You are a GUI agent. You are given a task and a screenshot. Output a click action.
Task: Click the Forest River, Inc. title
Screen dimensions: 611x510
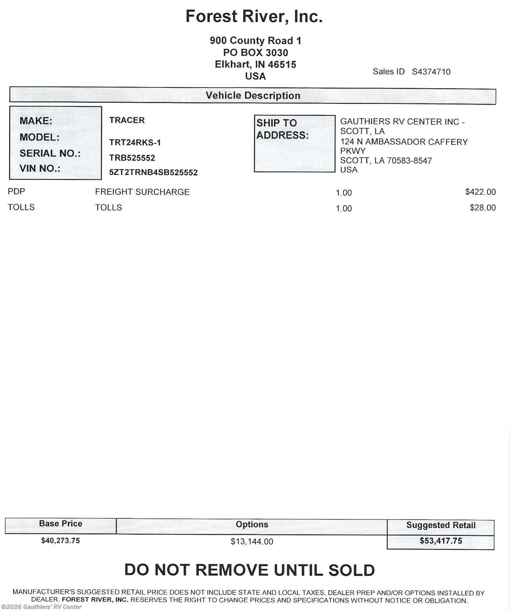tap(254, 17)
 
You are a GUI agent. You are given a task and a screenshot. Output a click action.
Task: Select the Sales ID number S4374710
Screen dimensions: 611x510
tap(431, 72)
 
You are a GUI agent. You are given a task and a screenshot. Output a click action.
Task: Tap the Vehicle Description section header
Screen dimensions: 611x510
tap(253, 96)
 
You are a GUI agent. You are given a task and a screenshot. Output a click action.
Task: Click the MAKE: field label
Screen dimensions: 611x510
tap(36, 121)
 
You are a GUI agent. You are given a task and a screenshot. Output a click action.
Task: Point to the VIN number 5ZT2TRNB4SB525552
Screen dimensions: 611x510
tap(153, 173)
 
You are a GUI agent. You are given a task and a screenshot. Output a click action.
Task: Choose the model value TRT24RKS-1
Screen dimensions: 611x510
tap(135, 142)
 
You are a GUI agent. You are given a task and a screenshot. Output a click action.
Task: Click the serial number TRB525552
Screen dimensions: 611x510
tap(132, 158)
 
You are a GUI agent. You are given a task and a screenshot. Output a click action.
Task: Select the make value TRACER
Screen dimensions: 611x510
tap(127, 120)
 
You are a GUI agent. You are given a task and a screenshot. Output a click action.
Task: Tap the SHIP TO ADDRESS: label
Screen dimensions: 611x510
tap(282, 129)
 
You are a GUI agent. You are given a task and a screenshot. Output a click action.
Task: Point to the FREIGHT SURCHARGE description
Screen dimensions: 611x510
tap(142, 192)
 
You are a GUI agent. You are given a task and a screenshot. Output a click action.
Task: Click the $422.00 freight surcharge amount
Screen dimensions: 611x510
tap(480, 192)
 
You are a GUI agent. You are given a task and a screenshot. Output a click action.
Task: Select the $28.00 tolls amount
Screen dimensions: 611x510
tap(483, 208)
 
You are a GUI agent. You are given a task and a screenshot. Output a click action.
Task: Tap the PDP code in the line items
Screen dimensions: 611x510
tap(16, 191)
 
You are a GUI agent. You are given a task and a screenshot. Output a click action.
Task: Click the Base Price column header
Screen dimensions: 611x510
tap(61, 524)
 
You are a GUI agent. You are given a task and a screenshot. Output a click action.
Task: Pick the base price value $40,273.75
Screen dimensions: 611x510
tap(61, 541)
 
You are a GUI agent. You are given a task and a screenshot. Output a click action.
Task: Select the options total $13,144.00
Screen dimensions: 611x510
tap(252, 542)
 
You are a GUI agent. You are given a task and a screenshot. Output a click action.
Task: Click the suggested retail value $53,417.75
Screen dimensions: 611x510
tap(441, 541)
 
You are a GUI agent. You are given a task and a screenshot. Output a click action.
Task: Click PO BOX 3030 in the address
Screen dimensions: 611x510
tap(255, 53)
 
